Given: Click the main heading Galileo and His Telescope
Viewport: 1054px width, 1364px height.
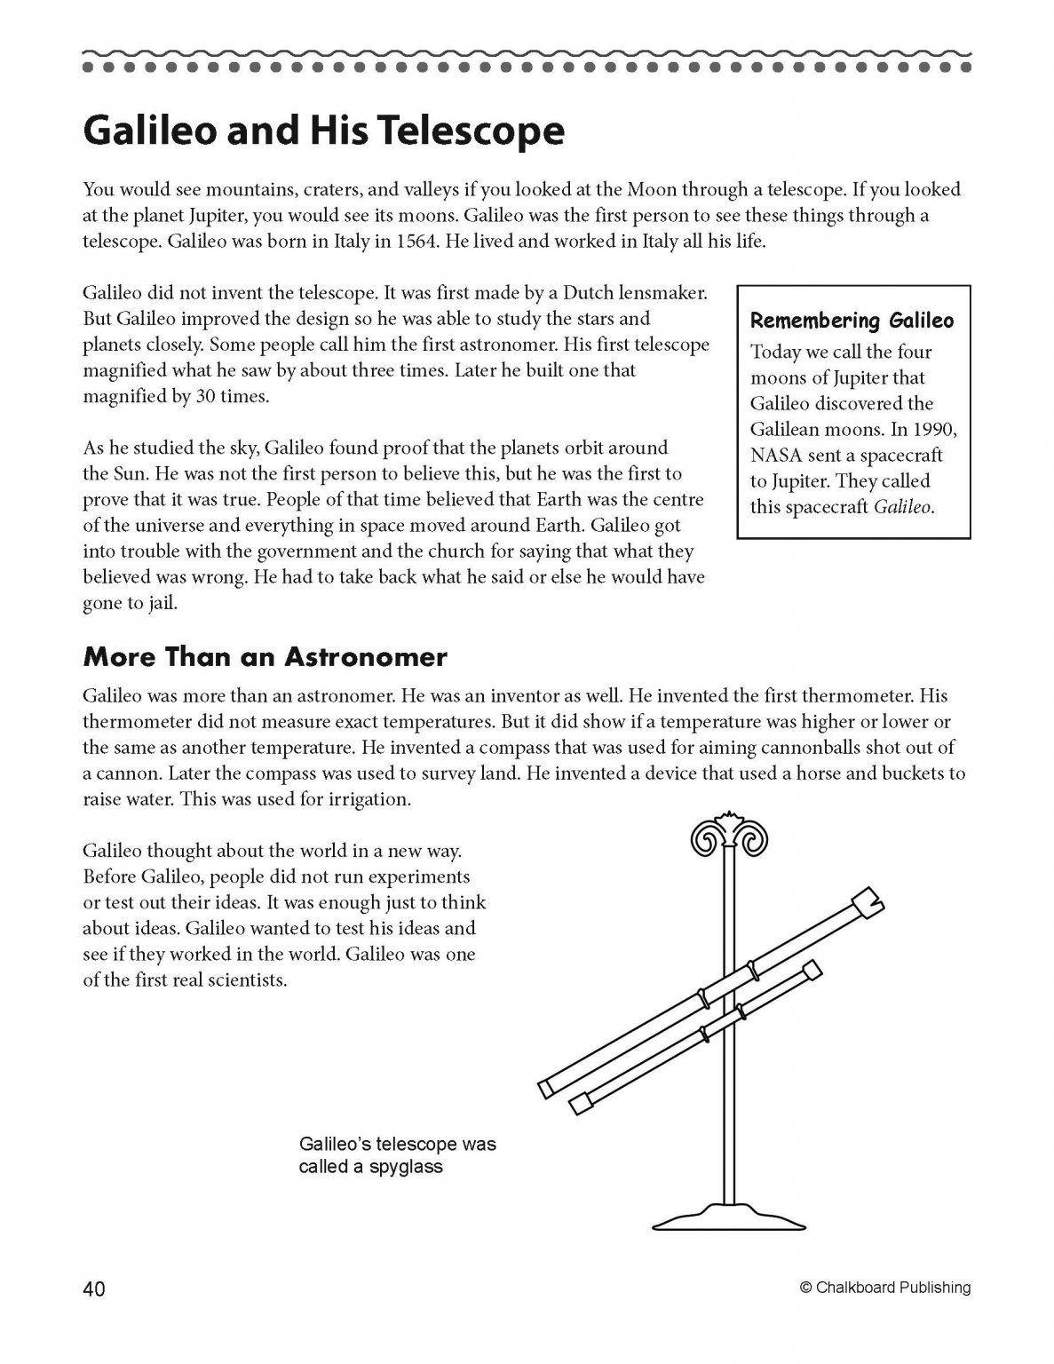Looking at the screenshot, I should [x=323, y=131].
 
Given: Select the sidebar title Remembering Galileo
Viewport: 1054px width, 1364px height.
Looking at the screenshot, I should [x=852, y=321].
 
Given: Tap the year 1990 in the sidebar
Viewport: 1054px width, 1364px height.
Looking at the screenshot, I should [x=938, y=429].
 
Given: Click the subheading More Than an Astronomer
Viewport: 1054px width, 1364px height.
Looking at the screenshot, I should [x=265, y=657].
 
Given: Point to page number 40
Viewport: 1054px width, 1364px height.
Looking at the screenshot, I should [x=94, y=1289].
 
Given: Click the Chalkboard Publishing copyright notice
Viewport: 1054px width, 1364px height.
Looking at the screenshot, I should [x=884, y=1288].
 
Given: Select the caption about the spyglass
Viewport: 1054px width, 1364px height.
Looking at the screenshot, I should [x=397, y=1154].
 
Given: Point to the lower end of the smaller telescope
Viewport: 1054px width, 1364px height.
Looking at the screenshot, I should [x=580, y=1103].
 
